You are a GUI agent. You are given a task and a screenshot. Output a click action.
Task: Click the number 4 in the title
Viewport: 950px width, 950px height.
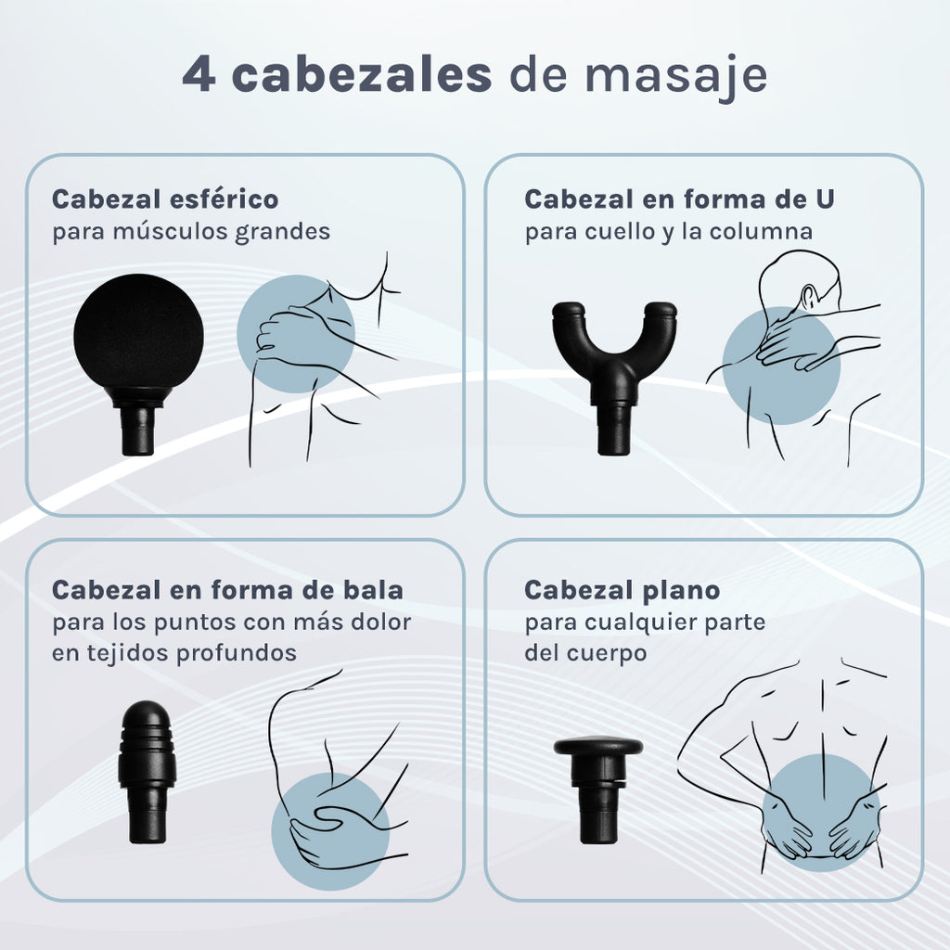click(x=199, y=75)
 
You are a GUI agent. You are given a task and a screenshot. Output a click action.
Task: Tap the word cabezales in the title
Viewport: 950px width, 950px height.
click(x=361, y=74)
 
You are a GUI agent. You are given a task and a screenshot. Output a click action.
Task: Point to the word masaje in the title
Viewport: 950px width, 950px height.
click(x=675, y=79)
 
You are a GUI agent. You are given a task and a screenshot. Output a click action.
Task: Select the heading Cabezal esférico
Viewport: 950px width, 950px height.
click(x=165, y=199)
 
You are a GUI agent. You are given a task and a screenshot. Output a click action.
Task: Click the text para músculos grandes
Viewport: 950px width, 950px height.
click(x=191, y=232)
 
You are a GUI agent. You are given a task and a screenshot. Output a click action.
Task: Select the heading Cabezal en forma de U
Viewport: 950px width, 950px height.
click(x=679, y=199)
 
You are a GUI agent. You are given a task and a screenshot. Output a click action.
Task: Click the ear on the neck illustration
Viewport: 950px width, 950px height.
click(x=808, y=297)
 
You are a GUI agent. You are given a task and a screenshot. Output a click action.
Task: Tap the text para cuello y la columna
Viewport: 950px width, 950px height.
click(x=668, y=232)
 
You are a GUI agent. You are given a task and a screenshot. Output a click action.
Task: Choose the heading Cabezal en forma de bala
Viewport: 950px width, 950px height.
click(x=227, y=589)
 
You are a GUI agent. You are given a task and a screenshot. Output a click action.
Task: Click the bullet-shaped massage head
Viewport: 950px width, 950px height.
click(x=148, y=772)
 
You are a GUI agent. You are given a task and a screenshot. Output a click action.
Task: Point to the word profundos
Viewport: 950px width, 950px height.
click(x=237, y=654)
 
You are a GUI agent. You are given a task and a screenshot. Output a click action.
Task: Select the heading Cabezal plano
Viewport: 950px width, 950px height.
click(x=623, y=589)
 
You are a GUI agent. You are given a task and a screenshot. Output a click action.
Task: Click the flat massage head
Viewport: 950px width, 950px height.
click(x=598, y=789)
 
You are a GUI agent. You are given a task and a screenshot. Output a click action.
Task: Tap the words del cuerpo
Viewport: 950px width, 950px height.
click(x=585, y=654)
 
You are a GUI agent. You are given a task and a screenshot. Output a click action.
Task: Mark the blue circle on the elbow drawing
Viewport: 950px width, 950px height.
click(x=330, y=831)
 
